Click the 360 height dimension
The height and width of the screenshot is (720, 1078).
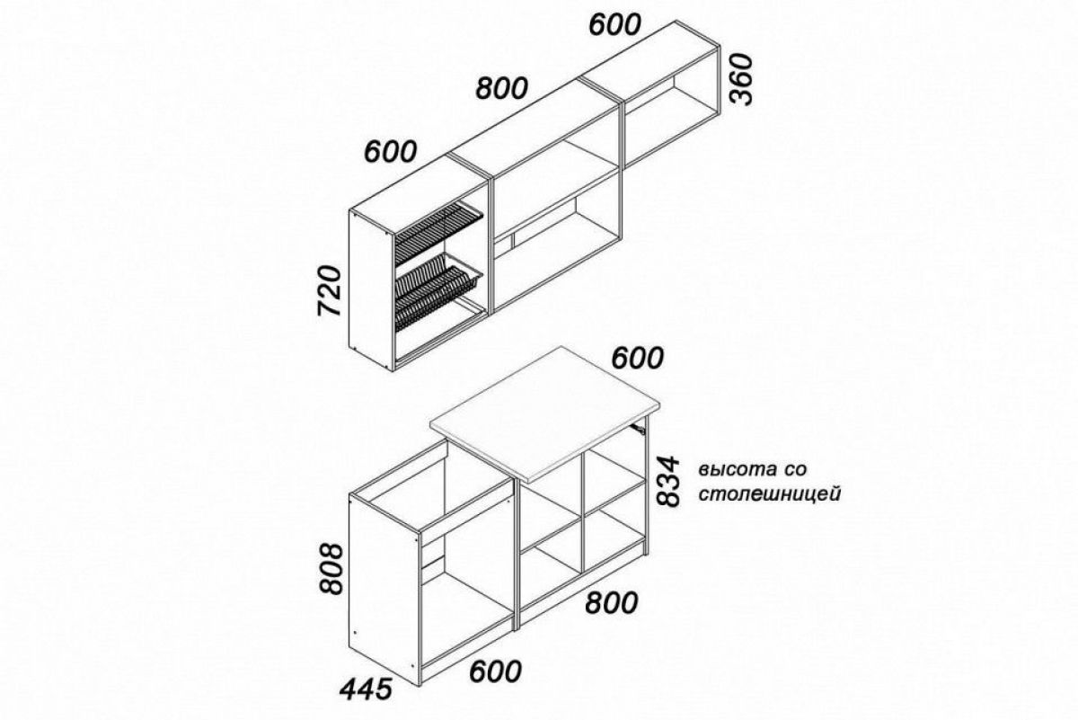click(x=740, y=79)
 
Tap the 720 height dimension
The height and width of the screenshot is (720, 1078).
click(x=330, y=290)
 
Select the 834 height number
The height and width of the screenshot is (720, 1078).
click(x=667, y=482)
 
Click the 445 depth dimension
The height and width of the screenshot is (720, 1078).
click(x=366, y=690)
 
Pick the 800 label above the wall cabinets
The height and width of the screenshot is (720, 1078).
click(x=502, y=89)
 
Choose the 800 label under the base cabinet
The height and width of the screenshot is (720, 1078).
click(x=612, y=602)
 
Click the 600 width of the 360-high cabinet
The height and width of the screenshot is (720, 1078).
click(x=615, y=24)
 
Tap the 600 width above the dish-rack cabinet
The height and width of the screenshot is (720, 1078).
click(x=390, y=151)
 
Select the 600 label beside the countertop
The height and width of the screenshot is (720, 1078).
click(x=638, y=359)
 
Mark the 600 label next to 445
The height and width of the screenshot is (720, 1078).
click(x=496, y=671)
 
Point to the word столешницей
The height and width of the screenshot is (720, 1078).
click(x=770, y=494)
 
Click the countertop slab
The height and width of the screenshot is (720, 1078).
click(x=544, y=413)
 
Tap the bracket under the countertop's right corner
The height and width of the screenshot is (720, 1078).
click(x=638, y=428)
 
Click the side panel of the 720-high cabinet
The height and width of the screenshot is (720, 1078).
click(x=372, y=290)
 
